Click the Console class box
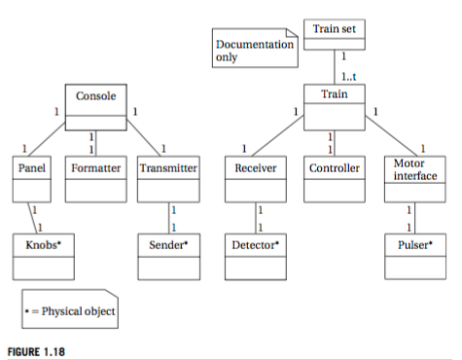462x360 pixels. coord(95,105)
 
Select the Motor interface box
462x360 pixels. coord(410,177)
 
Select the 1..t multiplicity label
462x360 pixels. coord(347,75)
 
